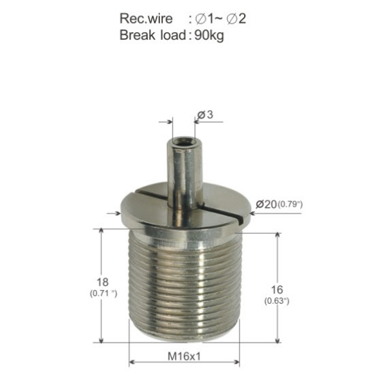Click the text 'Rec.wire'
pos(146,18)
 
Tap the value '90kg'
pos(209,36)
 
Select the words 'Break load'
pos(152,35)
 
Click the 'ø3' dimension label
pos(205,114)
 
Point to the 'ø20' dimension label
pos(266,204)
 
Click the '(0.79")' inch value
pos(290,204)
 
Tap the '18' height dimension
pos(103,282)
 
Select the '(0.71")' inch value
pos(103,293)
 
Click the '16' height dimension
pos(277,290)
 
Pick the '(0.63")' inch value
pos(277,301)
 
